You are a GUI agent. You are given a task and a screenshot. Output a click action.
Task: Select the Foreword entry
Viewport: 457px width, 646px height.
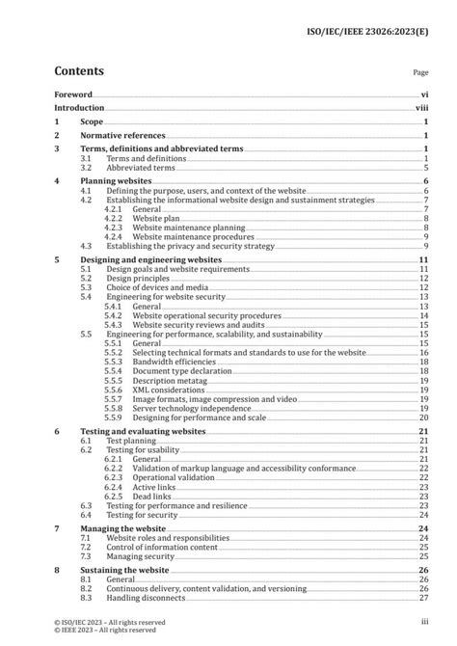tap(73, 94)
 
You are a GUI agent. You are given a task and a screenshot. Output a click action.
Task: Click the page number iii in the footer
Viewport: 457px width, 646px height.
tap(424, 622)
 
